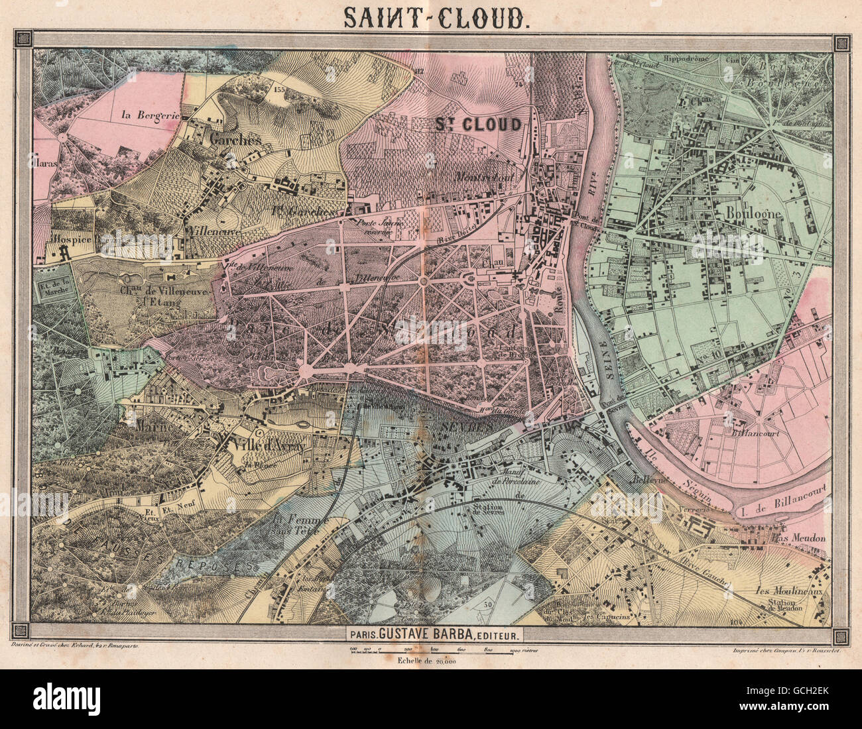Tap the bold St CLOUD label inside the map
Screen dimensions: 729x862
point(478,124)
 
